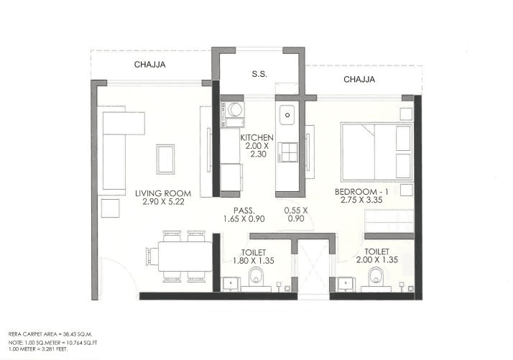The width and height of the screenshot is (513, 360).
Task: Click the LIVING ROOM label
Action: (162, 193)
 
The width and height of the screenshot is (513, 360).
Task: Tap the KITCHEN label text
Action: (256, 138)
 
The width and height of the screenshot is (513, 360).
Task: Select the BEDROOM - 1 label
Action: (362, 192)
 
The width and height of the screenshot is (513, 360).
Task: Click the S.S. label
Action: (259, 73)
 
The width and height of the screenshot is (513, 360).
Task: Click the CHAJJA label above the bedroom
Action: (359, 80)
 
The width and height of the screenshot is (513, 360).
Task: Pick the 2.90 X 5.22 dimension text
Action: (162, 202)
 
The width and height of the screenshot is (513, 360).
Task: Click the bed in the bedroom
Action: (376, 152)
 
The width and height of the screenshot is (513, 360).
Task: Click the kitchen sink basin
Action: (287, 114)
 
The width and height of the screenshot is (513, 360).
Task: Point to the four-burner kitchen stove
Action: (288, 152)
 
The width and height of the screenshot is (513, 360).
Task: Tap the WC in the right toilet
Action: (374, 277)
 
